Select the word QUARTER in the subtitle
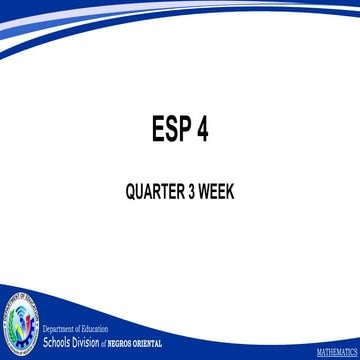pos(157,189)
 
